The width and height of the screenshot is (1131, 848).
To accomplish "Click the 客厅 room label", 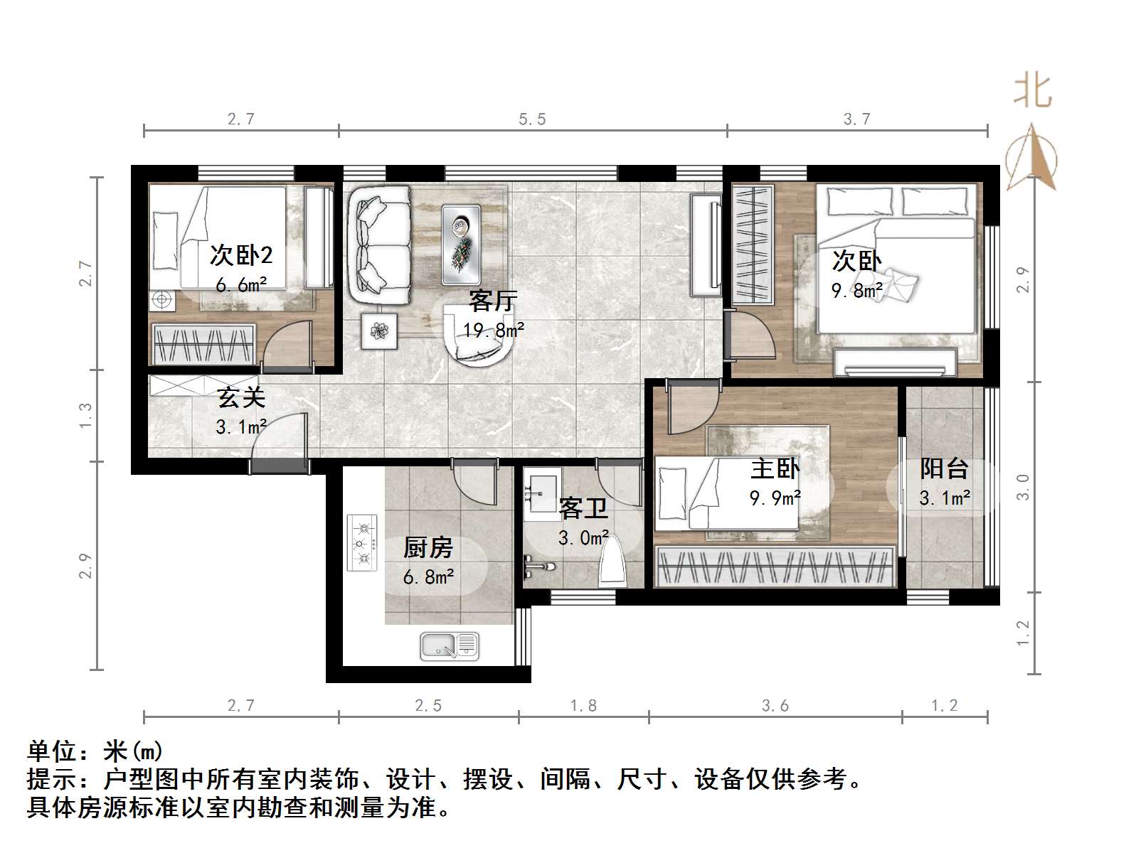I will click(492, 301).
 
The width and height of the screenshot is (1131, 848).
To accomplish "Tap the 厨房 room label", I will click(428, 548).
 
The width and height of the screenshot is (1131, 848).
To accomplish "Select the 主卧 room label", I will click(775, 469).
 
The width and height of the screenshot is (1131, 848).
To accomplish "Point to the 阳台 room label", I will click(944, 469).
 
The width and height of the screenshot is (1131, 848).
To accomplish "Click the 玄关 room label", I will click(241, 397).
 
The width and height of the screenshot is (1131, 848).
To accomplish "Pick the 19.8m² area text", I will click(494, 330).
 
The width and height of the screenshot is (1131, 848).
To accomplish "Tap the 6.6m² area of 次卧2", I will click(241, 285).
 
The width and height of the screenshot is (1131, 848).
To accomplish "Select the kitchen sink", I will click(449, 645).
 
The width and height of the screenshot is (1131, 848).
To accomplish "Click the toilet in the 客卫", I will click(612, 562).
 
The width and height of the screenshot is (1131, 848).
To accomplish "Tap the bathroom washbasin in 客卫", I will click(542, 486).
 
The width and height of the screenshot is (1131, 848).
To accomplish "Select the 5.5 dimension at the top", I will click(532, 119).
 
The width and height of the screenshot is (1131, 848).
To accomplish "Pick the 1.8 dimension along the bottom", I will click(583, 706).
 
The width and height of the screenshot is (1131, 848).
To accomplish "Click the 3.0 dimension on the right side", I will click(1023, 488).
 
